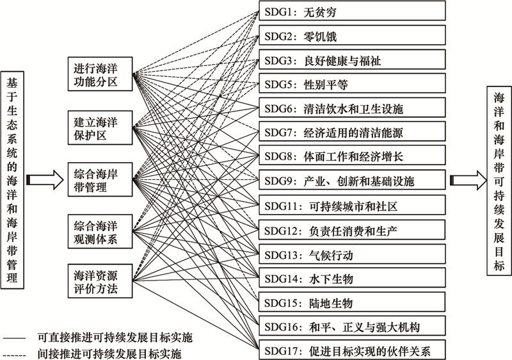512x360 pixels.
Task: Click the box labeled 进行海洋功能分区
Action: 100,74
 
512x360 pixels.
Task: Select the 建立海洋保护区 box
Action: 100,127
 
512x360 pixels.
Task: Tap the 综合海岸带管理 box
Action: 100,179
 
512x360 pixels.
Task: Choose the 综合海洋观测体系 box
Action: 100,231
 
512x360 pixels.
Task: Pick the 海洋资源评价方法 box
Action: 100,281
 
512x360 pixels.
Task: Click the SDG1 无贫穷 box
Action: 353,11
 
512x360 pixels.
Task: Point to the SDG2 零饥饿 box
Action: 353,35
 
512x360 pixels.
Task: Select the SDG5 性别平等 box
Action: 353,83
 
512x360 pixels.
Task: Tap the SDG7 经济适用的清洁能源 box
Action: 353,131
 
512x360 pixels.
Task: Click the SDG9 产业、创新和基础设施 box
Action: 353,179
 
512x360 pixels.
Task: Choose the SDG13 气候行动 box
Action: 353,254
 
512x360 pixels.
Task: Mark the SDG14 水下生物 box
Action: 353,277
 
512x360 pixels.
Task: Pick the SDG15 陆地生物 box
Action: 353,302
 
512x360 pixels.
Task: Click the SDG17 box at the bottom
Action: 353,350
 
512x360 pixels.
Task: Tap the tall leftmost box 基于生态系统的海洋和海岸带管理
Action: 12,180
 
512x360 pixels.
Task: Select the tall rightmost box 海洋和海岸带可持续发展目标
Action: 499,181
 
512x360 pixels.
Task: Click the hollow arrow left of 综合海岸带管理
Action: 45,179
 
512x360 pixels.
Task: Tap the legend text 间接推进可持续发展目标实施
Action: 109,354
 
